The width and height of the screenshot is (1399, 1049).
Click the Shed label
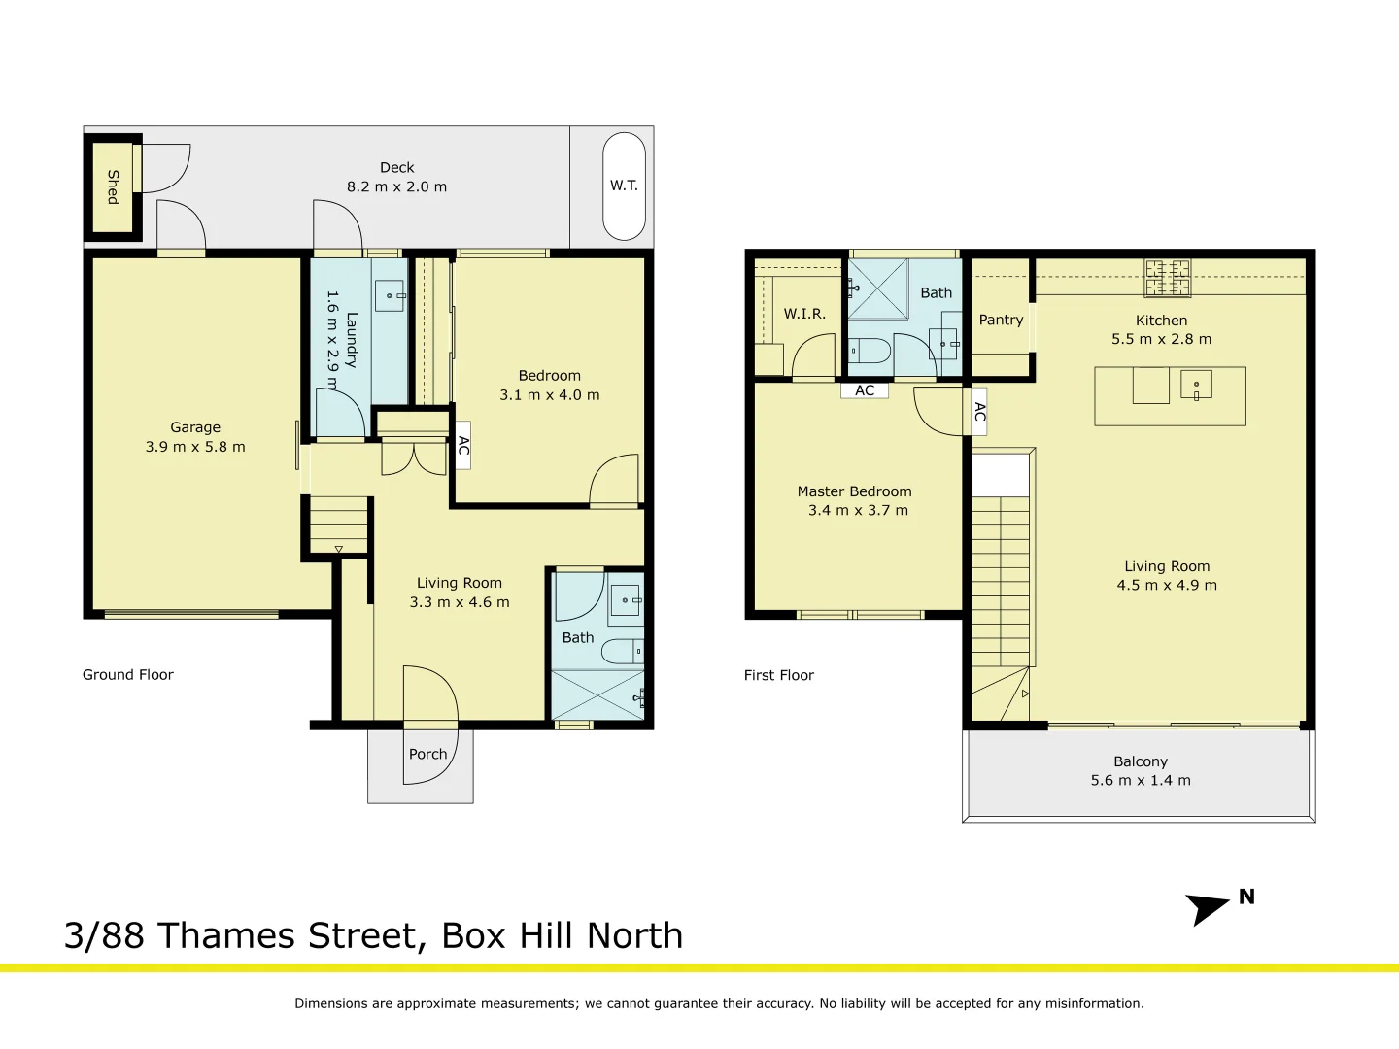point(113,186)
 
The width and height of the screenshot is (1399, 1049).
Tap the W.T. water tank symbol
point(624,186)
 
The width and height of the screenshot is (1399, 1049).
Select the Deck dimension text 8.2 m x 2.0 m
point(396,186)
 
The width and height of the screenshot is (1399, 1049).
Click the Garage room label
point(195,427)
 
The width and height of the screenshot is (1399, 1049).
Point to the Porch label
point(427,754)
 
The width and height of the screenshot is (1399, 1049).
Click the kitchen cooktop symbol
point(1167,277)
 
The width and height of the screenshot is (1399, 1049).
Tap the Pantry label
point(1001,320)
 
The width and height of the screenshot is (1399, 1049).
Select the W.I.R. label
point(804,314)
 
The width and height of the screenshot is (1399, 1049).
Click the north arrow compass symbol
point(1208,908)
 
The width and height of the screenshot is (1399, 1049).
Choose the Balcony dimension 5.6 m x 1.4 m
point(1140,780)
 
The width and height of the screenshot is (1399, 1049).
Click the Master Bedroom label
point(854,491)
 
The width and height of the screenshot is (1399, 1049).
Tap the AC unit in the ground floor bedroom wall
point(463,446)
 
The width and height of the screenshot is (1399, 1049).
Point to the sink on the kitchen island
point(1196,385)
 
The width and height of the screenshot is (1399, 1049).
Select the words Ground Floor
point(127,674)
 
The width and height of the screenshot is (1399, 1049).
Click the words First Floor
point(778,675)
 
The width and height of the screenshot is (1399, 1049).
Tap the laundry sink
point(391,295)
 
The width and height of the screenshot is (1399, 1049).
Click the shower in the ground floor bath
point(597,694)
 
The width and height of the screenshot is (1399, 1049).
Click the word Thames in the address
point(226,935)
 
